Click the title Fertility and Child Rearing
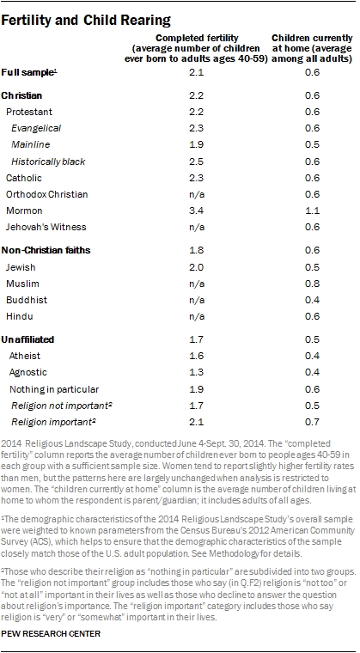tap(86, 20)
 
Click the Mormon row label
tap(24, 211)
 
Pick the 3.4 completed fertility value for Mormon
tap(195, 211)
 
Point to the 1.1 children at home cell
tap(313, 211)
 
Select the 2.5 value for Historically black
tap(195, 162)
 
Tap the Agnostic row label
tap(28, 372)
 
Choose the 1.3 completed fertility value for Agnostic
tap(195, 372)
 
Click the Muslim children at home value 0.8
tap(313, 284)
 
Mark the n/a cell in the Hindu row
tap(195, 316)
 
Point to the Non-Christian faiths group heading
tap(46, 250)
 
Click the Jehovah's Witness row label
tap(46, 227)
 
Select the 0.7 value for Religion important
tap(313, 422)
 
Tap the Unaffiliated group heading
tap(27, 339)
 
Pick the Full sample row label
tap(29, 72)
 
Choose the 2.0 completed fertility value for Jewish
tap(195, 267)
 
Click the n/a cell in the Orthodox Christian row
tap(195, 194)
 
